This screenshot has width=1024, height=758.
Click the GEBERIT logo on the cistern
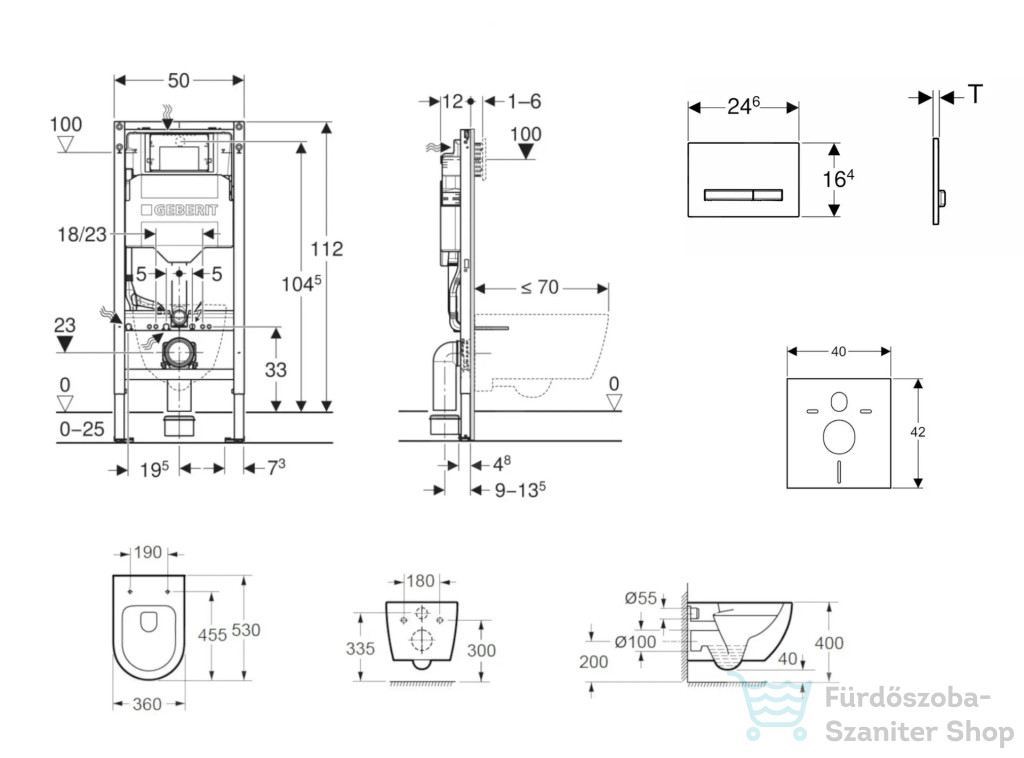[x=180, y=210]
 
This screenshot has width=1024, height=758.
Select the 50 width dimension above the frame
[x=178, y=80]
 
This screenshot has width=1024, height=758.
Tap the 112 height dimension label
[x=327, y=249]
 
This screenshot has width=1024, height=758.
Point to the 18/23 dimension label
[x=82, y=234]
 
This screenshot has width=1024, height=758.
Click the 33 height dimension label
[x=276, y=370]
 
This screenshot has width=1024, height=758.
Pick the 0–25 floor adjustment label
[x=82, y=429]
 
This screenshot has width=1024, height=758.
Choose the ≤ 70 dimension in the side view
[x=540, y=287]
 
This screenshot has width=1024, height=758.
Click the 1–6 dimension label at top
[x=524, y=101]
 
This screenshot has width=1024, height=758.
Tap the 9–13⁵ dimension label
[x=520, y=490]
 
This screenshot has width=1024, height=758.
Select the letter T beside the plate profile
[x=975, y=95]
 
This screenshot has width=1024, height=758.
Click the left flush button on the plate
[x=729, y=195]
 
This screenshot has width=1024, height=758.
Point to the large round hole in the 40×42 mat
[x=839, y=437]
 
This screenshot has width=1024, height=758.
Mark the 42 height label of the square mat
[x=918, y=432]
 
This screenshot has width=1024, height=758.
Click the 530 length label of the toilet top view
[x=246, y=630]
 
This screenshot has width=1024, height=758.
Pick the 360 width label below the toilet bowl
[x=147, y=704]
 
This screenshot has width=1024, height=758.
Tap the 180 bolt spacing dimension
[x=420, y=580]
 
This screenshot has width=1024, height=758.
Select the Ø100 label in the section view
[x=635, y=642]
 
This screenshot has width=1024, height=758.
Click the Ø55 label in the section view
[x=641, y=598]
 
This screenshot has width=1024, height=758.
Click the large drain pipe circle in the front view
[x=178, y=353]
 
